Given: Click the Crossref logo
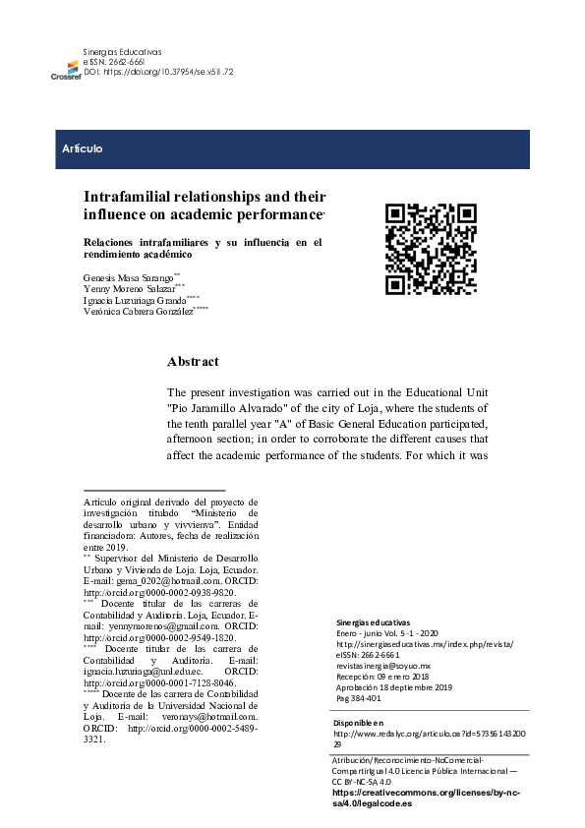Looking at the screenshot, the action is point(66,68).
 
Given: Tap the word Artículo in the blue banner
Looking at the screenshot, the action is point(83,149).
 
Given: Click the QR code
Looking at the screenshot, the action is point(431,250).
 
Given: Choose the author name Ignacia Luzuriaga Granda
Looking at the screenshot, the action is point(136,301).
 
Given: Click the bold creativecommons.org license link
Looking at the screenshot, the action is point(426,797).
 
